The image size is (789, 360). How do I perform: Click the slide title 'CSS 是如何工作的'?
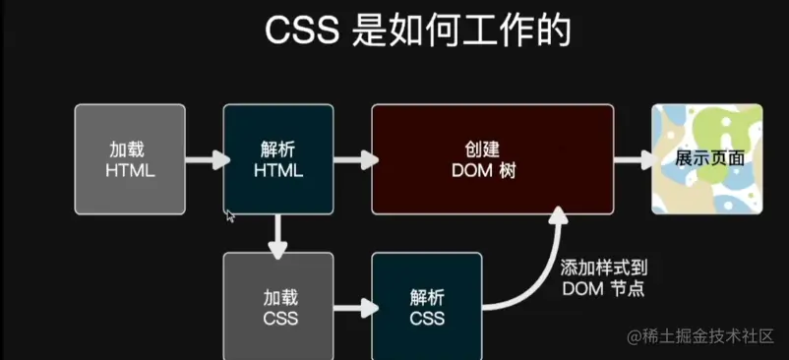[x=417, y=30]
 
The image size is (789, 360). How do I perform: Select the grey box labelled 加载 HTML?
[x=130, y=158]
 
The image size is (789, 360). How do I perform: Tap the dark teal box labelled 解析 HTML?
[x=277, y=158]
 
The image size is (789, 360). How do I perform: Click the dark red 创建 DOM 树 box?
[x=492, y=158]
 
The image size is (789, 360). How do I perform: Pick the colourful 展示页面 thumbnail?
[x=708, y=158]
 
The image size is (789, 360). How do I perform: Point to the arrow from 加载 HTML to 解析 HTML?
[x=205, y=158]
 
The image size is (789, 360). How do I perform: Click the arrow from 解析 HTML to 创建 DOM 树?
[x=351, y=158]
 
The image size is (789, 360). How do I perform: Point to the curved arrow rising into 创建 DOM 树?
[x=541, y=266]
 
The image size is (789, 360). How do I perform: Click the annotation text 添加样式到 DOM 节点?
[x=603, y=277]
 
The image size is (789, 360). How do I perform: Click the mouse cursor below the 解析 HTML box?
[x=229, y=215]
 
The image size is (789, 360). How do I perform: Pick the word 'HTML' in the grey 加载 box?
[x=130, y=170]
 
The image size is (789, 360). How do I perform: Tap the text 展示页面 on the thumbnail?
[x=708, y=158]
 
